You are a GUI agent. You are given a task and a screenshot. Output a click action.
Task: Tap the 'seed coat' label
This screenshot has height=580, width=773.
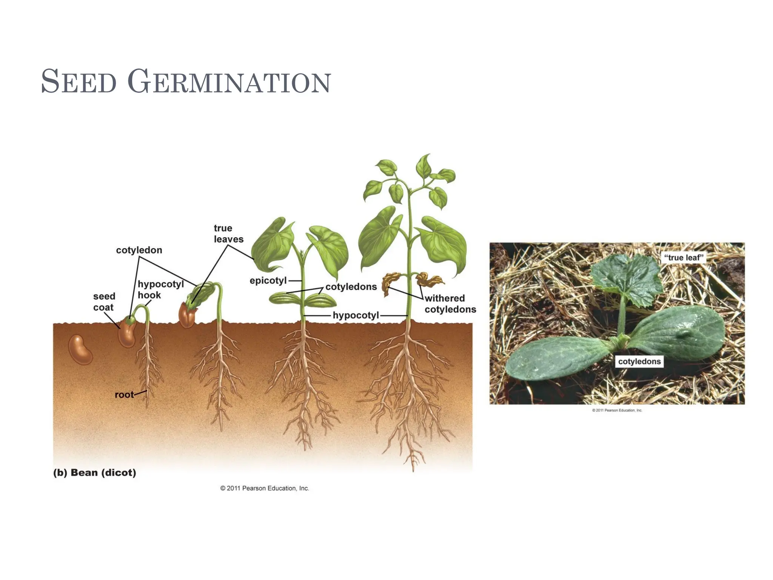(x=104, y=302)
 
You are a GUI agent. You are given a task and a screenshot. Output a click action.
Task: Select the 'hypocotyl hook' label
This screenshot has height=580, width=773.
(x=160, y=289)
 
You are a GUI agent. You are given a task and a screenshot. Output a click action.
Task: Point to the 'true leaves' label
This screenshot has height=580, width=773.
(x=228, y=233)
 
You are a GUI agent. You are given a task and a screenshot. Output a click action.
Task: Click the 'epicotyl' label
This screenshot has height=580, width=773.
(x=268, y=281)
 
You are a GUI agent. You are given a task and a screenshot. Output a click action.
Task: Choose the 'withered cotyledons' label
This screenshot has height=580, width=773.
(x=450, y=304)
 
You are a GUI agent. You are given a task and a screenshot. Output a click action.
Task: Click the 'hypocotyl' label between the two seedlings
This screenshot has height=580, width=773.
(x=356, y=315)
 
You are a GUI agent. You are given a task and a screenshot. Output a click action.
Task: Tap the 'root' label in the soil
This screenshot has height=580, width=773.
(x=124, y=395)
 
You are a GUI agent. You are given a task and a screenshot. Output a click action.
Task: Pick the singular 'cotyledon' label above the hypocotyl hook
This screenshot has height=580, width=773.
(x=139, y=250)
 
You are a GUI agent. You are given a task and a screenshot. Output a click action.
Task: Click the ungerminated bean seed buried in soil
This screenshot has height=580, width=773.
(x=80, y=349)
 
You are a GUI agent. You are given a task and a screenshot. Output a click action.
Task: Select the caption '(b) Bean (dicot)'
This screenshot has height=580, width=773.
(x=95, y=472)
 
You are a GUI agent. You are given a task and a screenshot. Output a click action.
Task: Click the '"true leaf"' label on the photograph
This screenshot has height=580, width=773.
(x=684, y=258)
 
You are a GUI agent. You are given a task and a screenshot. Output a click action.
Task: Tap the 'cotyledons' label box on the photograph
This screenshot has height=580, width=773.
(x=639, y=361)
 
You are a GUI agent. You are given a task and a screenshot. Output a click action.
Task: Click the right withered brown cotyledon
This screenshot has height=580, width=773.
(x=428, y=279)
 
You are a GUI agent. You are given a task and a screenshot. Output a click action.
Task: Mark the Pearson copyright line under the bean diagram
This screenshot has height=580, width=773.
(x=265, y=488)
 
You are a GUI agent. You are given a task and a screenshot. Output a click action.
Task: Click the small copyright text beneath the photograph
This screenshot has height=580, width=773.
(x=617, y=410)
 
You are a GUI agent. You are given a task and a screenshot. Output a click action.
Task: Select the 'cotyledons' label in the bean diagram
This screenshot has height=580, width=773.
(x=351, y=287)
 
